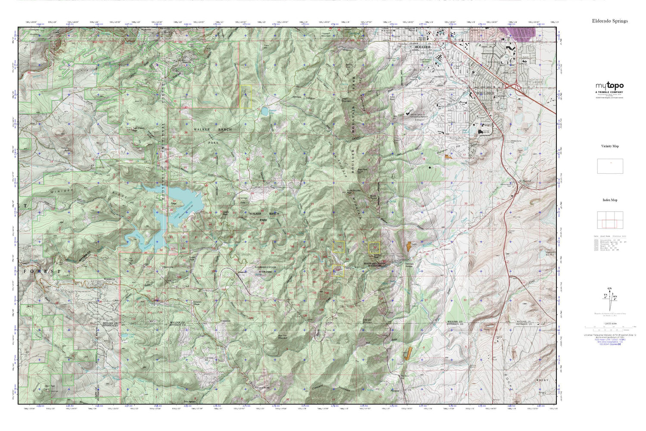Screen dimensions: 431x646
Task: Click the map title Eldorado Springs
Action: click(610, 21)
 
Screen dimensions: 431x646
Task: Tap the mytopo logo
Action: click(609, 86)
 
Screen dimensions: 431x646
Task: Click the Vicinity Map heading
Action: click(610, 146)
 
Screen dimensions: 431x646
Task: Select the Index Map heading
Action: click(610, 200)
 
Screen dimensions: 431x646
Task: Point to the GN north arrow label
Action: click(609, 288)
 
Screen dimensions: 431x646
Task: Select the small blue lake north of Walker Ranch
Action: click(264, 112)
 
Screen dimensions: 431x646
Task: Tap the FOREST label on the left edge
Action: click(43, 272)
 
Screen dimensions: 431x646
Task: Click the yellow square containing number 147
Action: click(339, 247)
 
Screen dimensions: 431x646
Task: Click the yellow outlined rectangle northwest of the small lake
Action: click(245, 96)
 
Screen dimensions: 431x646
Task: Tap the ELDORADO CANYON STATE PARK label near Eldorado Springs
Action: click(373, 265)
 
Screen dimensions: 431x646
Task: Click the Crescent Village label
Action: click(197, 303)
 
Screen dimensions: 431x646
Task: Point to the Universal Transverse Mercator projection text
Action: click(609, 334)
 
